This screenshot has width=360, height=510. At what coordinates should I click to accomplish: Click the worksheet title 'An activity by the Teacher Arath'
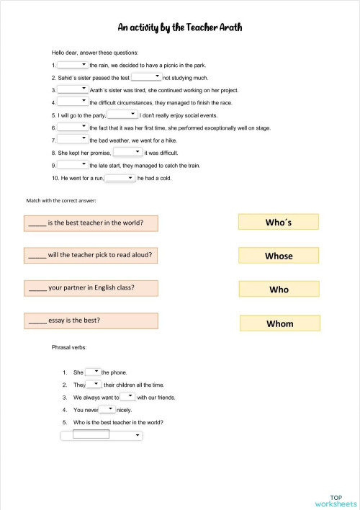click(180, 27)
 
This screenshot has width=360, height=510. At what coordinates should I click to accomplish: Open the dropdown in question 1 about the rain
click(73, 65)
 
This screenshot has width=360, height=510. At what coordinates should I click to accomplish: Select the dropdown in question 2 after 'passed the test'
click(147, 77)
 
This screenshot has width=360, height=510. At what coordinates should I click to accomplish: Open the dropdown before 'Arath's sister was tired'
click(73, 90)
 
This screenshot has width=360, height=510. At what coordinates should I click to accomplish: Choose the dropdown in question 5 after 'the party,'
click(122, 115)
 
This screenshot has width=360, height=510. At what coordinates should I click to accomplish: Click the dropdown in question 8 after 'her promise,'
click(128, 153)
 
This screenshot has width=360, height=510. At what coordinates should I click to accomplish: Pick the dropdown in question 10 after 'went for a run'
click(120, 178)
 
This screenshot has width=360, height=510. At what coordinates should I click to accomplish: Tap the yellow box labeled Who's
click(278, 223)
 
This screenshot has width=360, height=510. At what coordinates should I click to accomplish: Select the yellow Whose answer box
click(278, 256)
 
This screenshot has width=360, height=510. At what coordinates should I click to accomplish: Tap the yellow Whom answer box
click(279, 323)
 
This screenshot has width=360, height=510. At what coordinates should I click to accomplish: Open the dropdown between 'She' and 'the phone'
click(94, 372)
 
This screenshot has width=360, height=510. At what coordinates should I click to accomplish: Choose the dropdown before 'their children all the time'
click(94, 385)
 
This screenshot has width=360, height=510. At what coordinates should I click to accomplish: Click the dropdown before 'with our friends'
click(127, 397)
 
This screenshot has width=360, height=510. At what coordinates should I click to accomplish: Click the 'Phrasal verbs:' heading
click(69, 347)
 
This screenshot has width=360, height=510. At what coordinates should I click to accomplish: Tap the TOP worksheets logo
click(336, 500)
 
